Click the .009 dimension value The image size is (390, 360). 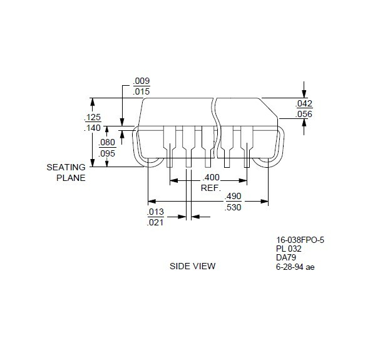(141, 81)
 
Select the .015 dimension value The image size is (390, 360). (141, 91)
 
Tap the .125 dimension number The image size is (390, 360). (93, 117)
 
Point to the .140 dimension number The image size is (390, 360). (93, 128)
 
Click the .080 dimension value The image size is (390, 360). (107, 143)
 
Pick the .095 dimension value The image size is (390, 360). (107, 153)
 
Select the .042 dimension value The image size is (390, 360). (304, 103)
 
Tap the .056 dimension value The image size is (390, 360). (304, 114)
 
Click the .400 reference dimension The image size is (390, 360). (211, 177)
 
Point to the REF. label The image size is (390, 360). (211, 188)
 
